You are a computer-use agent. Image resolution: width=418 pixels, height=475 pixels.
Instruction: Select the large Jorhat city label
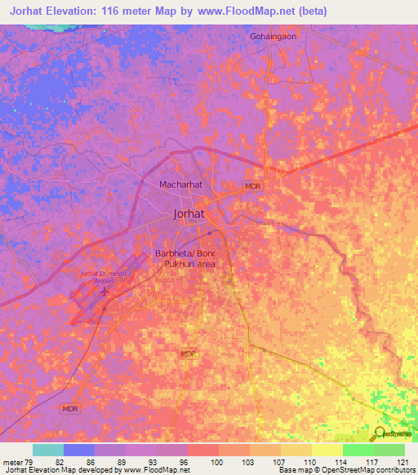click(x=189, y=215)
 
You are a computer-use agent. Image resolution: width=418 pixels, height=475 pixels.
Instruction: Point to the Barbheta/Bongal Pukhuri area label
click(x=191, y=260)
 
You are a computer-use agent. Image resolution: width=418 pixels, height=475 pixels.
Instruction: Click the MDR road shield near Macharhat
click(x=253, y=187)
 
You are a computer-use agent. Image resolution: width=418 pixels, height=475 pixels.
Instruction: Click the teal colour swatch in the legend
click(x=47, y=450)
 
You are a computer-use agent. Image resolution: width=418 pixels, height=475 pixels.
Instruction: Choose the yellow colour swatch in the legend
click(x=327, y=450)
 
